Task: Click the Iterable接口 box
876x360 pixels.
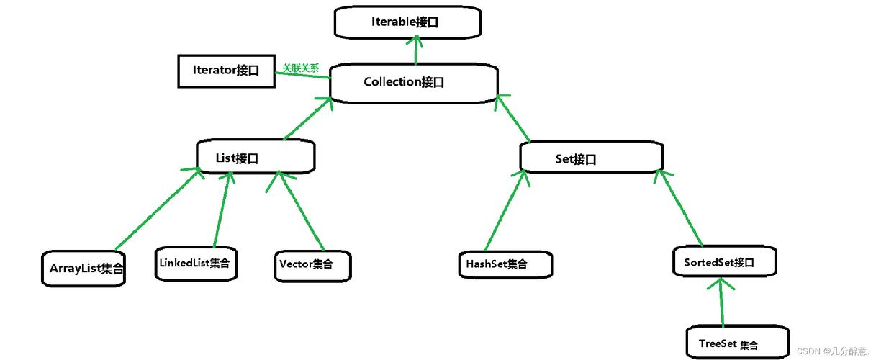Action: pyautogui.click(x=407, y=22)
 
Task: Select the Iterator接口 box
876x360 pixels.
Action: pyautogui.click(x=226, y=71)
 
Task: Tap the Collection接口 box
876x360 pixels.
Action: pyautogui.click(x=413, y=83)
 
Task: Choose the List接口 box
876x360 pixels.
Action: pyautogui.click(x=256, y=157)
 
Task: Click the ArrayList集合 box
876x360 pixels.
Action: pyautogui.click(x=83, y=269)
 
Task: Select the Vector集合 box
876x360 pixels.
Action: pyautogui.click(x=313, y=265)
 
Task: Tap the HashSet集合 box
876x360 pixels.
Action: pyautogui.click(x=505, y=264)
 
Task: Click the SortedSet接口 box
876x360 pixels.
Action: pyautogui.click(x=725, y=262)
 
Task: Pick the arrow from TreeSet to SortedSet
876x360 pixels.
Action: pyautogui.click(x=720, y=302)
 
